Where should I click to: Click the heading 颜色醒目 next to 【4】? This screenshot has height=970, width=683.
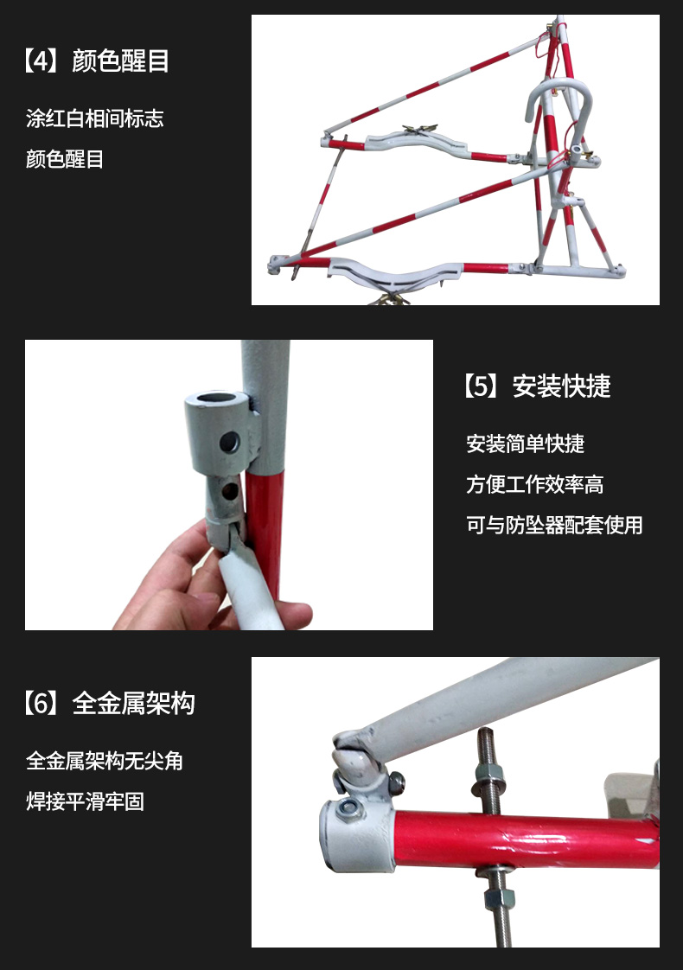(x=120, y=61)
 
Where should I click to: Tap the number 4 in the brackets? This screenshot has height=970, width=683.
(x=41, y=61)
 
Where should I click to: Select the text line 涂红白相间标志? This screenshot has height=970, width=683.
(x=94, y=118)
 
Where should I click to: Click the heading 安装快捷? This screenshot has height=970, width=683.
(x=561, y=386)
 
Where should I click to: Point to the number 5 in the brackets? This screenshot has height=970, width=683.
(x=482, y=386)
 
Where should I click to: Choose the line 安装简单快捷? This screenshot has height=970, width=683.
(x=526, y=444)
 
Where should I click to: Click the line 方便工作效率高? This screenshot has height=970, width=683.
(x=535, y=484)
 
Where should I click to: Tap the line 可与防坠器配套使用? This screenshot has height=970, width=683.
(x=554, y=526)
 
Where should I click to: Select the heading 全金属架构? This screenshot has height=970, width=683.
(x=133, y=704)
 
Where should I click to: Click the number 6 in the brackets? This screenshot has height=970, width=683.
(x=41, y=704)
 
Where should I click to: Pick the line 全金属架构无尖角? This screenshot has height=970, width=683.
(x=105, y=760)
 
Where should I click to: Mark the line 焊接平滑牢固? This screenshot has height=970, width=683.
(x=86, y=801)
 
